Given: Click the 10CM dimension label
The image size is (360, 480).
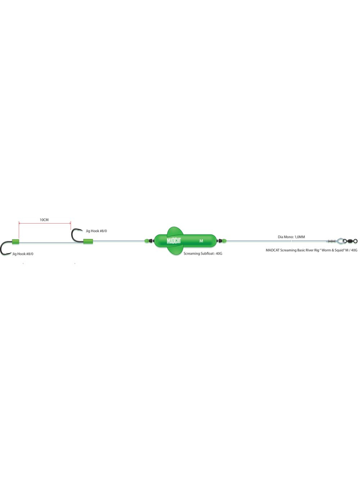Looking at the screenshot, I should (44, 220).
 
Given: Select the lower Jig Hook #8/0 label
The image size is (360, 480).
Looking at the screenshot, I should (23, 254).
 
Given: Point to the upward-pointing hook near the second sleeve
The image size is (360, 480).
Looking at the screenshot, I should (75, 235).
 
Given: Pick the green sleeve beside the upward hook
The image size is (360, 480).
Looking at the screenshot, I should (87, 241).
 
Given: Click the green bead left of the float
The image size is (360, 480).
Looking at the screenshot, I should (148, 241).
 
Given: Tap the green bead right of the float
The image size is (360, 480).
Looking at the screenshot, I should (222, 241).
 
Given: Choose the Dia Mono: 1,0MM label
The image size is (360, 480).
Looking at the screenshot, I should (291, 237).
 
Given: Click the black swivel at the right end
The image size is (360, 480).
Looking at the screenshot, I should (352, 241).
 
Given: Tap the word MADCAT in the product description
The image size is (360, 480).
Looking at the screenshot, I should (274, 250).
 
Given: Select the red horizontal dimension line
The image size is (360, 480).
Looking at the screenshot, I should (45, 223).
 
